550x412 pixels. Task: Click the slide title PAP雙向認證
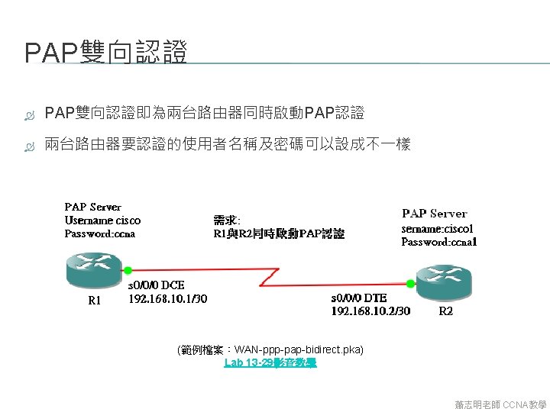(106, 53)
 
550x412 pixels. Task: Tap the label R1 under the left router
(95, 301)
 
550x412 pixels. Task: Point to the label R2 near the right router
(446, 311)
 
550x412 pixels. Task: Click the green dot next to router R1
(128, 269)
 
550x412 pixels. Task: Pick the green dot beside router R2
(410, 283)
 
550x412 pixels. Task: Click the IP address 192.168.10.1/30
(167, 298)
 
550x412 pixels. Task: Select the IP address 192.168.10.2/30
(370, 311)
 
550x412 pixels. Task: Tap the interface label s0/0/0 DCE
(156, 285)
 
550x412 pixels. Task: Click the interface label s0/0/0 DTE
(359, 298)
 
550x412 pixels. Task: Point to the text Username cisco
(102, 220)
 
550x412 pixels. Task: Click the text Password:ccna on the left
(99, 233)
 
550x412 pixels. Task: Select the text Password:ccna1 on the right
(439, 242)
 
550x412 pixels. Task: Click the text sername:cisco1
(437, 228)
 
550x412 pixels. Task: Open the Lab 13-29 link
(270, 363)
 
